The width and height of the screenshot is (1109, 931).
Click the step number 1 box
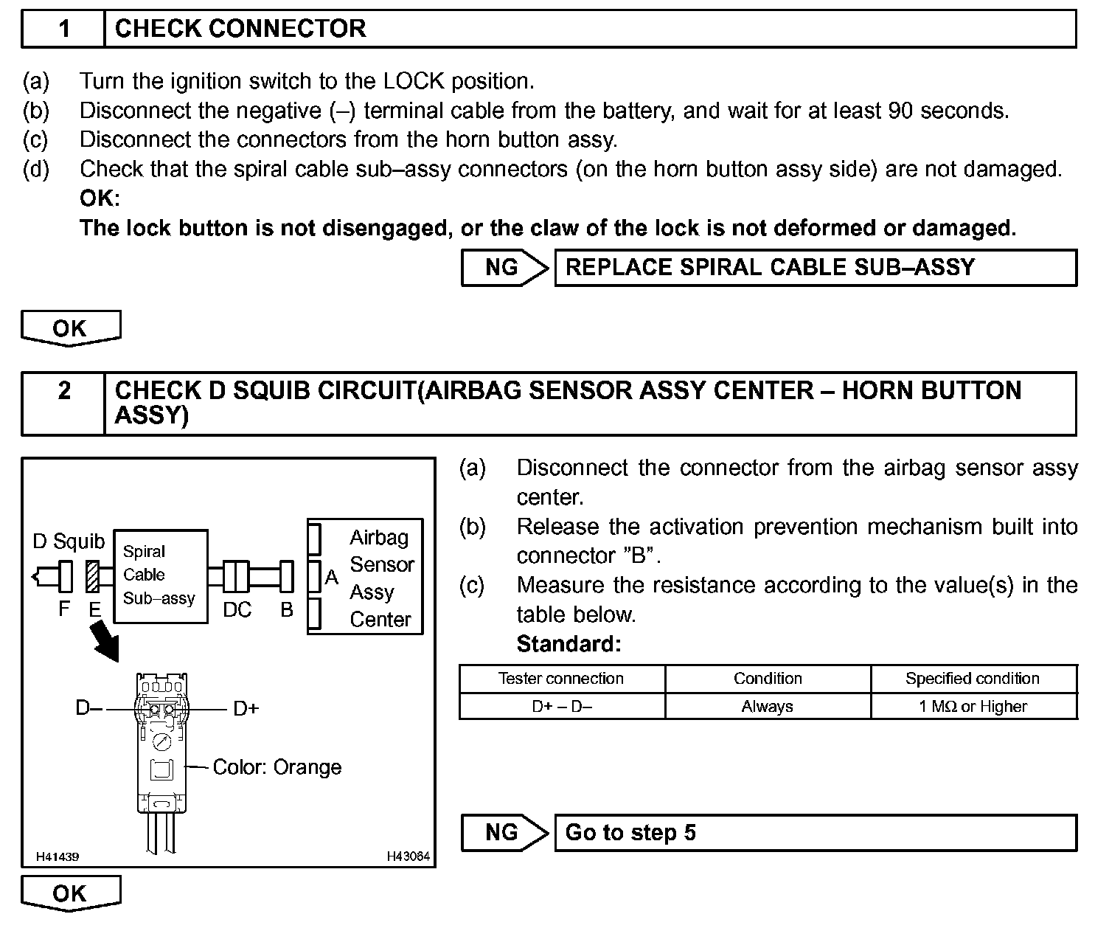coord(63,29)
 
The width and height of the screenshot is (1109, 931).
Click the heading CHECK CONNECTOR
coord(240,29)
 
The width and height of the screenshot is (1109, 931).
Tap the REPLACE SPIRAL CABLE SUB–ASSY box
coord(814,268)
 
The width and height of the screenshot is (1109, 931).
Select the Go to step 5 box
coord(814,833)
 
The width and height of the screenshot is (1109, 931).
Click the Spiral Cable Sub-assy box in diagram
coord(160,575)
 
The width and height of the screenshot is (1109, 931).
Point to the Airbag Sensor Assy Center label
coord(380,578)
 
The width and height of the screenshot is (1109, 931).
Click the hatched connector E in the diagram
coord(93,577)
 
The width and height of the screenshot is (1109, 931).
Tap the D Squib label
coord(69,541)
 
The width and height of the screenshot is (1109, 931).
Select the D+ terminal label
coord(246,709)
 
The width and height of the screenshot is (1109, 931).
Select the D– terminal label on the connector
coord(89,708)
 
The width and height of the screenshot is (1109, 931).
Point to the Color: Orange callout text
coord(277,767)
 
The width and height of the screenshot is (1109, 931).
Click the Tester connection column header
coord(561,679)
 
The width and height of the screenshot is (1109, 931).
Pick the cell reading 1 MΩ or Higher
coord(973,707)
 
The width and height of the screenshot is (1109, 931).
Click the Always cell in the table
coord(767,707)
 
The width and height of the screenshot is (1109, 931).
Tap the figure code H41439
coord(58,857)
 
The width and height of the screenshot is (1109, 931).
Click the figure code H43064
coord(408,857)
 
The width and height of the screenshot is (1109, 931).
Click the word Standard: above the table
coord(569,644)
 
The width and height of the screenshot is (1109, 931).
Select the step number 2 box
coord(63,391)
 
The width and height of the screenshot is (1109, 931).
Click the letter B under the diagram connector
coord(287,610)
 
